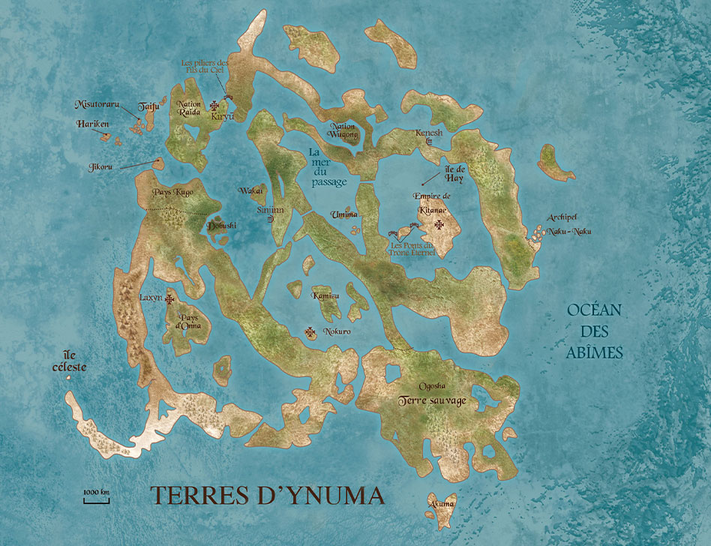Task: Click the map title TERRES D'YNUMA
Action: pyautogui.click(x=268, y=496)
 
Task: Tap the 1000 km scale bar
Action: pyautogui.click(x=96, y=496)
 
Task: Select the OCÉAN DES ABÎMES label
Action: pyautogui.click(x=595, y=331)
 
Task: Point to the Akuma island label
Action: pyautogui.click(x=440, y=504)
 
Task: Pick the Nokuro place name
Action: pyautogui.click(x=337, y=331)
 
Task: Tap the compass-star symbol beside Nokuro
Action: pyautogui.click(x=310, y=331)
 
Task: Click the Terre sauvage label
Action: pyautogui.click(x=433, y=400)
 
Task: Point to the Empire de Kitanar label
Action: pyautogui.click(x=433, y=202)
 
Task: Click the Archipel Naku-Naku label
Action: pyautogui.click(x=568, y=225)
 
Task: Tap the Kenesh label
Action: pyautogui.click(x=430, y=133)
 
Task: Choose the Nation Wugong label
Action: pyautogui.click(x=343, y=131)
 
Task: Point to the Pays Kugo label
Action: pyautogui.click(x=173, y=192)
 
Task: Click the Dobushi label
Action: pyautogui.click(x=221, y=225)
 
